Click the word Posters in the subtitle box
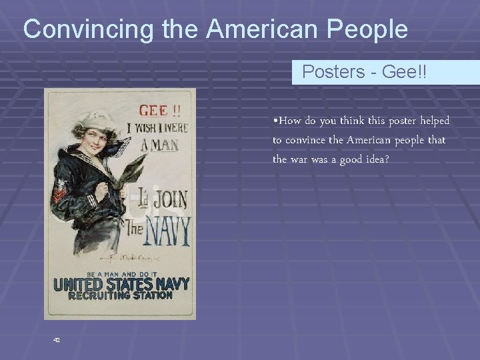331,72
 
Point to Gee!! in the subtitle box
405,72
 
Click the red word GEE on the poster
153,111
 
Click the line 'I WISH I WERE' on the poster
162,127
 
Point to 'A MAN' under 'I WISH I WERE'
160,143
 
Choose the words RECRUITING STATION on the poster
120,295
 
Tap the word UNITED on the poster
77,285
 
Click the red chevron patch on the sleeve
60,193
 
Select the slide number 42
57,339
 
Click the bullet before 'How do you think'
275,121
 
